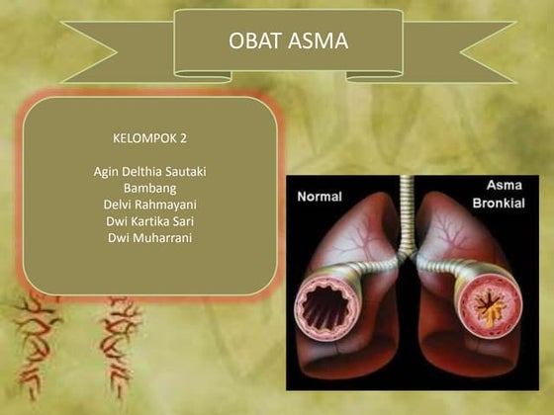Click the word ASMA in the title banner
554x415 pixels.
click(316, 41)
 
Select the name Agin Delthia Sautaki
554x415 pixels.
click(150, 171)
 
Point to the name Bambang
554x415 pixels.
click(150, 188)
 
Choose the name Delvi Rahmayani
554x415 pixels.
click(150, 205)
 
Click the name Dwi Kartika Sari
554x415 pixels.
click(150, 221)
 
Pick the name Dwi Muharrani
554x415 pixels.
click(150, 238)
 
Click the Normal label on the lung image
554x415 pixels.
click(320, 197)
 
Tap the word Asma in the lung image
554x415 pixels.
click(505, 185)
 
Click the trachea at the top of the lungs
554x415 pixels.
click(406, 212)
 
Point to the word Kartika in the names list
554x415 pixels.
click(148, 221)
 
